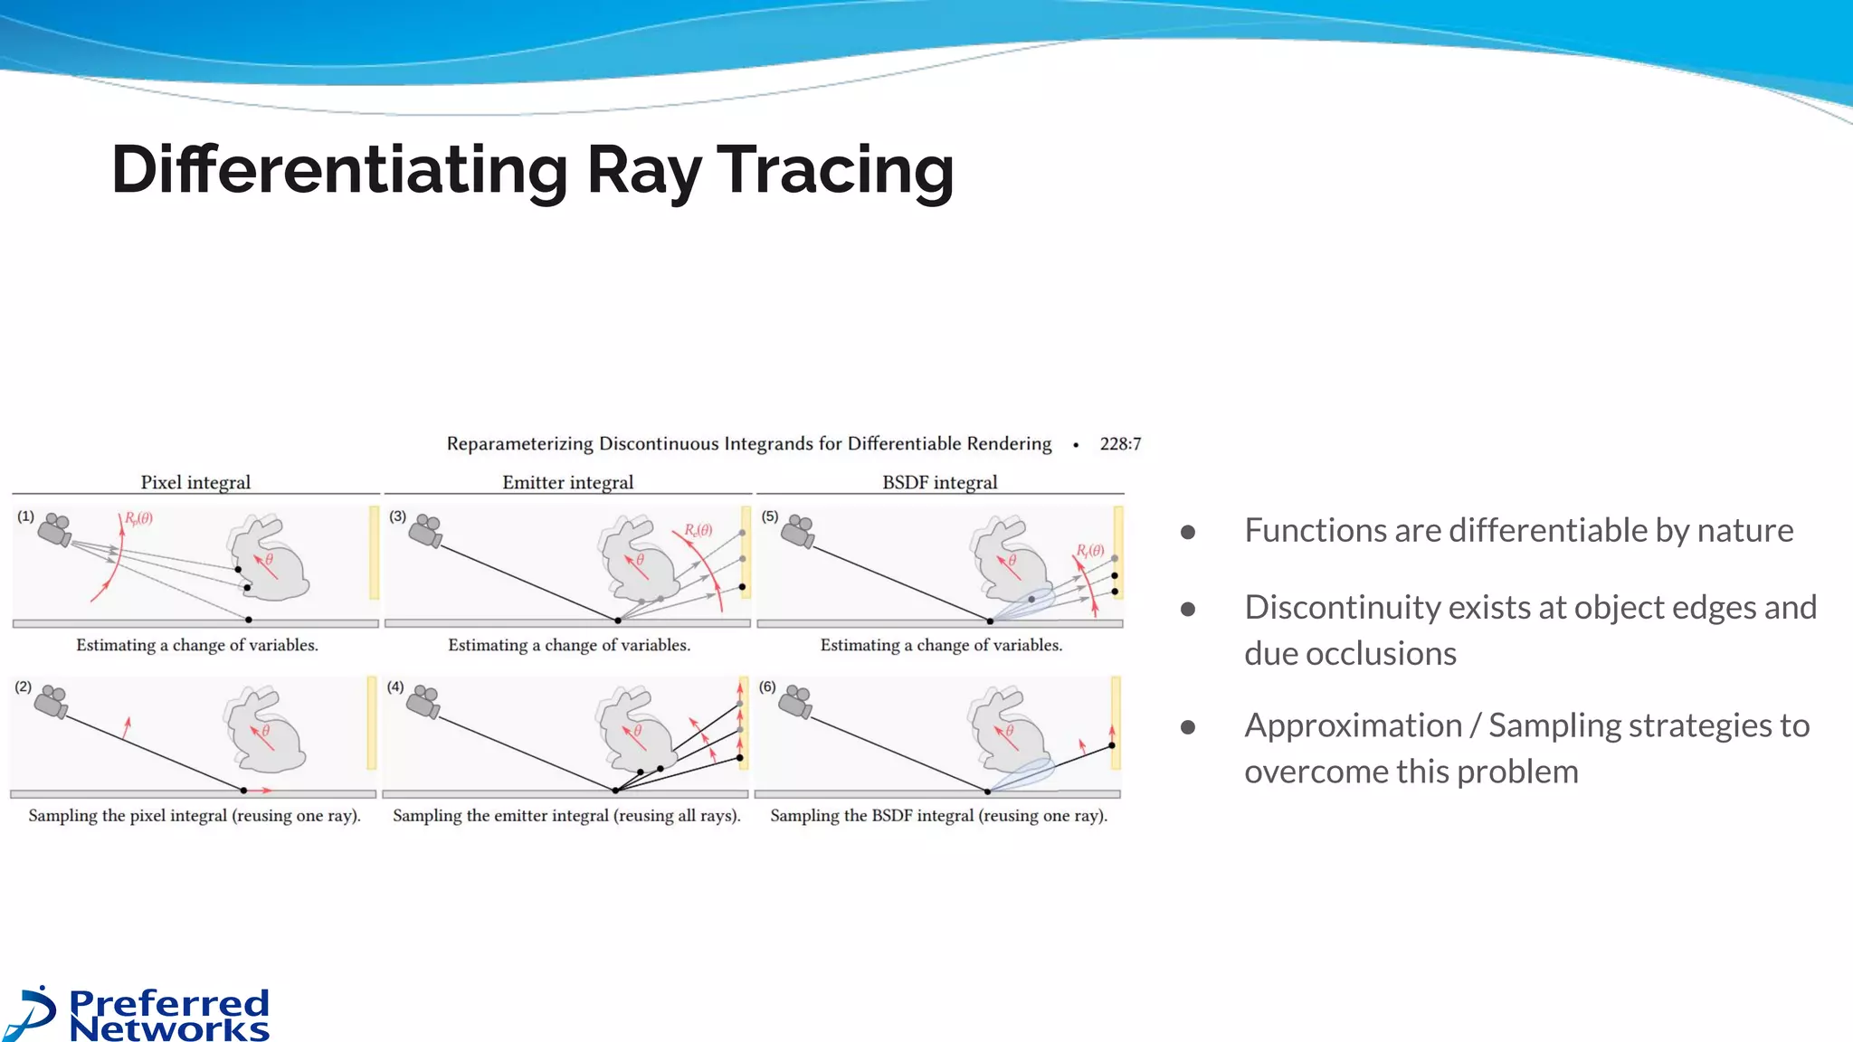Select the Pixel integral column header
195,482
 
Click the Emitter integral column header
567,482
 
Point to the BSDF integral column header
939,482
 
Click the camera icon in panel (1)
55,529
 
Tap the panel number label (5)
769,516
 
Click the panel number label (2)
24,687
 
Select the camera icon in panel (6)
796,701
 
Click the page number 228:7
1120,444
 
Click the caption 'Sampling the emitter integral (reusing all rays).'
566,816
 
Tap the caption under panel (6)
938,816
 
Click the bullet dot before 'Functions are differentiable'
1188,533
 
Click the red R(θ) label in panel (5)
1089,550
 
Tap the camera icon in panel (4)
423,701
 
